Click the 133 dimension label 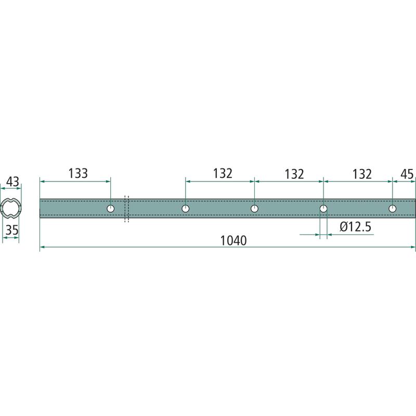tap(78, 173)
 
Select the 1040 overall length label tap(233, 241)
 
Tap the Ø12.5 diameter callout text tap(356, 227)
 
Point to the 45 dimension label tap(407, 174)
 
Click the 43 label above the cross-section tap(12, 181)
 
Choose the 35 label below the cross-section tap(12, 230)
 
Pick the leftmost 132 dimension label tap(223, 174)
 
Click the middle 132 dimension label tap(294, 174)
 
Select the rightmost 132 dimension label tap(362, 174)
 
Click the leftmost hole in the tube tap(111, 209)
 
